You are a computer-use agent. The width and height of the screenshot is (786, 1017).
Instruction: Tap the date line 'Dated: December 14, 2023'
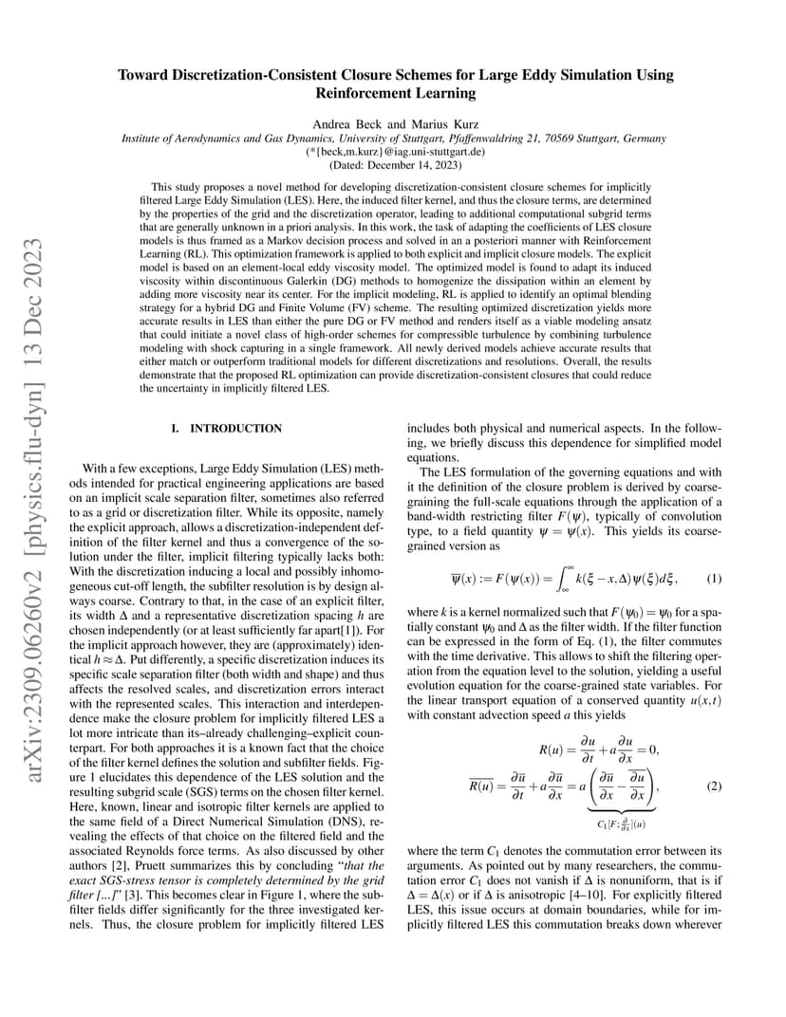tap(393, 164)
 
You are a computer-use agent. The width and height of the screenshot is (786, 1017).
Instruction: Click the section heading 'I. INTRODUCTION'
tap(227, 429)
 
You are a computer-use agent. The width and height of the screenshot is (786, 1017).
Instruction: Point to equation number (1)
tap(715, 579)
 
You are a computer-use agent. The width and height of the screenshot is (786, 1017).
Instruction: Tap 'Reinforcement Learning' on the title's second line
tap(393, 93)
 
